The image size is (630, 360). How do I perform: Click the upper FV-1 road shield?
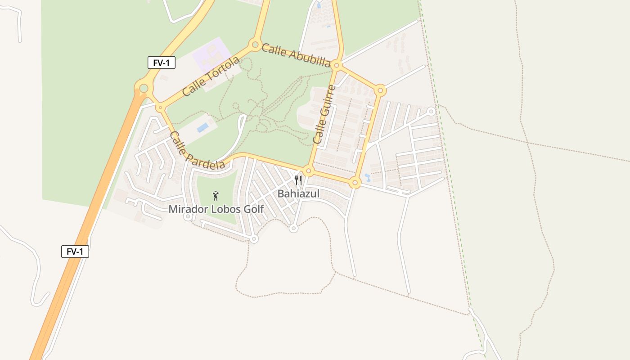[161, 63]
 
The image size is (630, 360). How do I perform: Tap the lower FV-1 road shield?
[75, 252]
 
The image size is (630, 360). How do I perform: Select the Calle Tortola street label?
[211, 76]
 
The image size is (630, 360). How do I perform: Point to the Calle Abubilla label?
[296, 55]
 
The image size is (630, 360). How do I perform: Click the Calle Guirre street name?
[324, 114]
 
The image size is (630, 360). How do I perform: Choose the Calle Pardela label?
[197, 151]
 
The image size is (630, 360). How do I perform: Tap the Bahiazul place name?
[298, 194]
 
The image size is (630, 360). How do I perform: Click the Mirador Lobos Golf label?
[216, 209]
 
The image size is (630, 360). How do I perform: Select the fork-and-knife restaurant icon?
[298, 181]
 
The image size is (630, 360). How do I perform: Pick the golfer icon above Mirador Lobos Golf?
[216, 196]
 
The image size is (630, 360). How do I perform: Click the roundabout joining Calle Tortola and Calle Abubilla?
[255, 45]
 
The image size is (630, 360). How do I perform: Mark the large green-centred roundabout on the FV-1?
[144, 88]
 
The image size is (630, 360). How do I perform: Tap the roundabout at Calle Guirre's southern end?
[308, 171]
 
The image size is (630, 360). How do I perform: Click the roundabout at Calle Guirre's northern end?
[337, 66]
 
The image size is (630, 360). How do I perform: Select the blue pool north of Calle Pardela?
[203, 127]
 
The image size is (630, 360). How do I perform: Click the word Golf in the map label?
[253, 209]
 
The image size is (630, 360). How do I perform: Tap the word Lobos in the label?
[225, 209]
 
